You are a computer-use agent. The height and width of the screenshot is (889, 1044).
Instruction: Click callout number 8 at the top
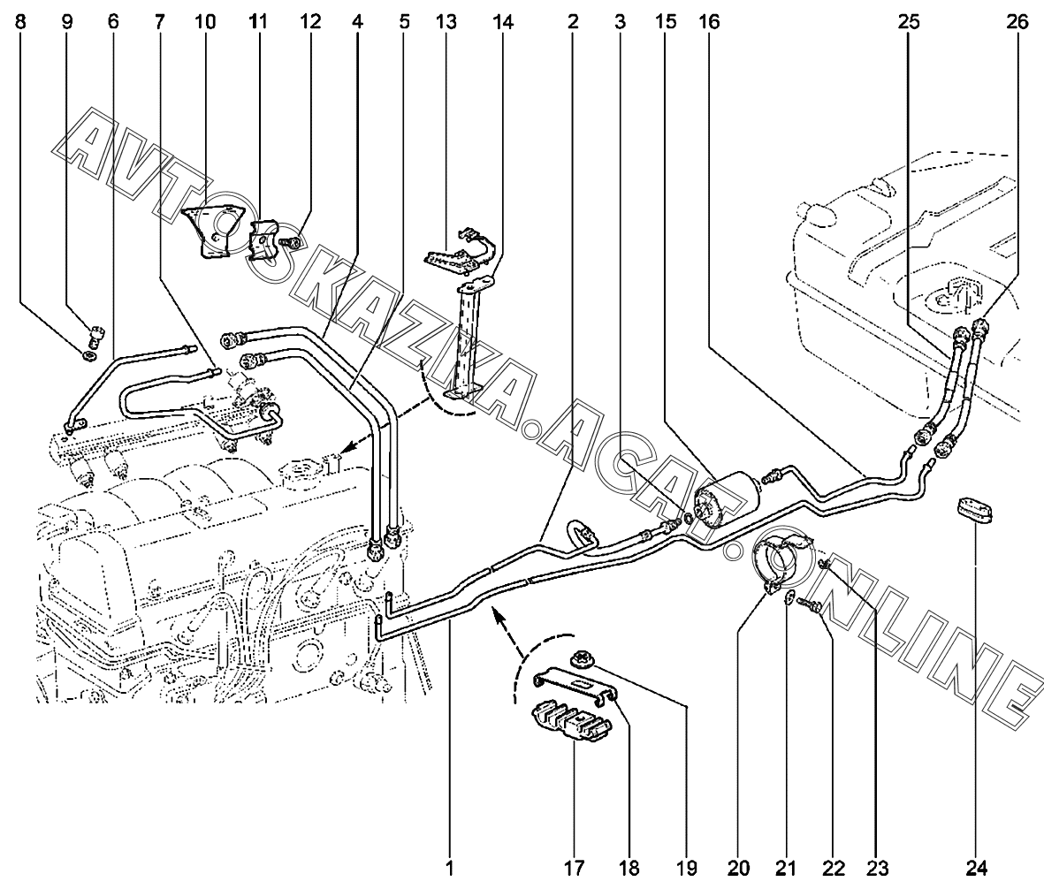[x=20, y=21]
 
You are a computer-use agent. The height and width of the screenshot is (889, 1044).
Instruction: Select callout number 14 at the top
[x=503, y=21]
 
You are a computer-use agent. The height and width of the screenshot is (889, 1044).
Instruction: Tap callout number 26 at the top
[x=1017, y=21]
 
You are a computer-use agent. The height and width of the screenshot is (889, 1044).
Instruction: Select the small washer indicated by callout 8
[x=88, y=357]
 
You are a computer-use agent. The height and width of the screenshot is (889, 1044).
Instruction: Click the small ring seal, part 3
[x=687, y=517]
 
